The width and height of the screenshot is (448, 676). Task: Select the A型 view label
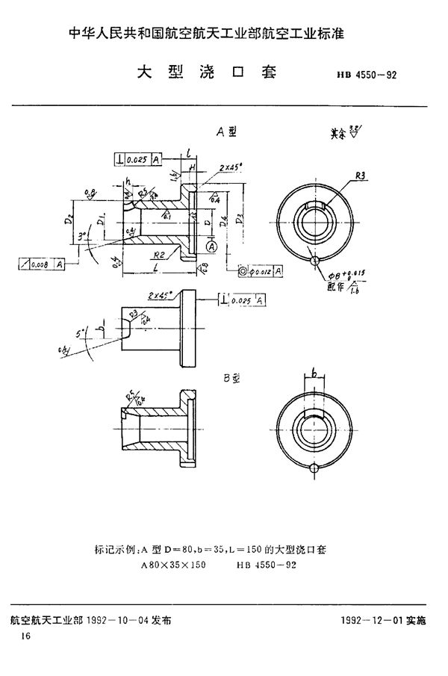pos(226,131)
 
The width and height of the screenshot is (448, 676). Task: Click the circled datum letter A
pos(213,246)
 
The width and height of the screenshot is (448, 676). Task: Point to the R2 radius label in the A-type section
pos(160,254)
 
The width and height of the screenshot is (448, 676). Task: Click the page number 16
pos(26,635)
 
